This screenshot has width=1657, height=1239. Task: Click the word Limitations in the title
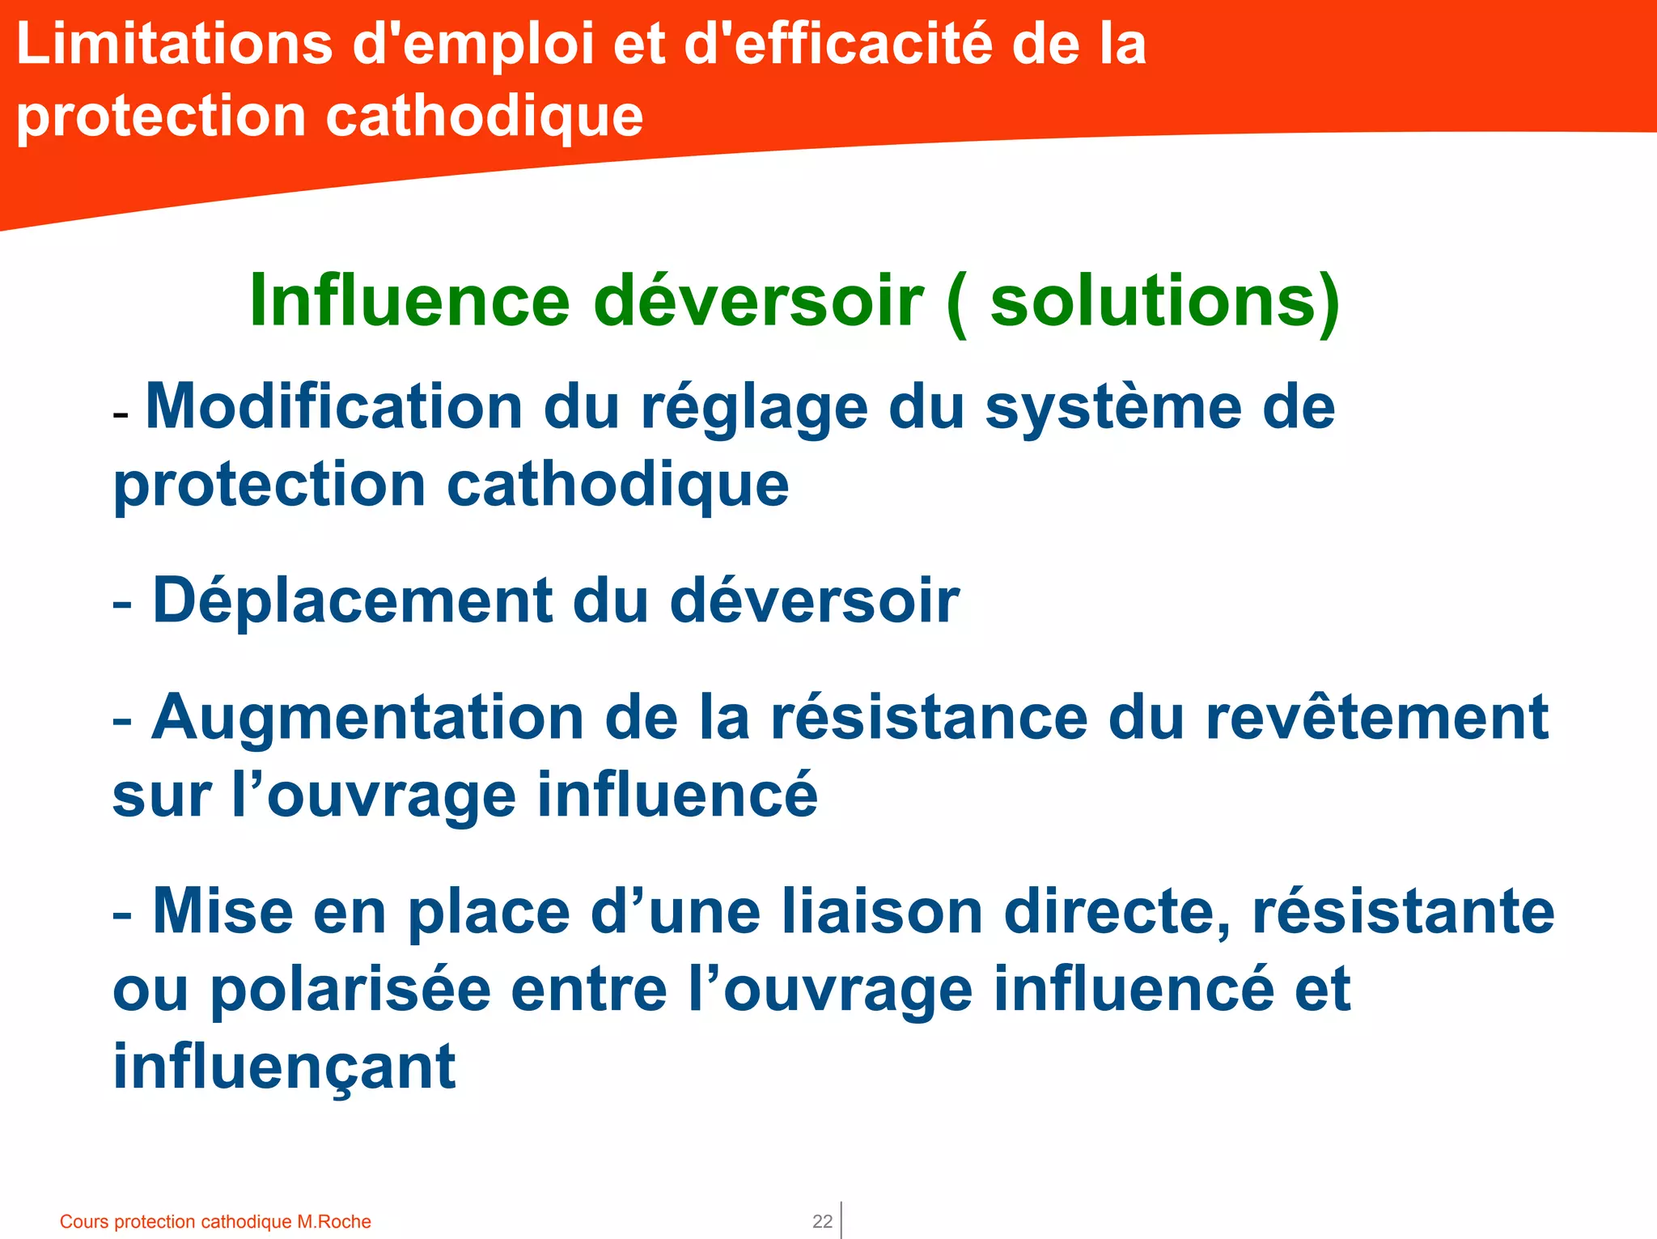click(x=174, y=44)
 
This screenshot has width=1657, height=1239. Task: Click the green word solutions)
click(x=1165, y=301)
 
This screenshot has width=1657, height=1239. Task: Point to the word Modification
click(x=334, y=406)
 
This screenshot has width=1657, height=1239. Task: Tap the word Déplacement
click(x=352, y=600)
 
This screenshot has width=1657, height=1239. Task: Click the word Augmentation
click(x=368, y=718)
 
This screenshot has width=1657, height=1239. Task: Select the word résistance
click(x=930, y=718)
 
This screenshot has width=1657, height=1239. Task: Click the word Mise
click(x=222, y=912)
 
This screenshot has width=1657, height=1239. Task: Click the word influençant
click(x=284, y=1067)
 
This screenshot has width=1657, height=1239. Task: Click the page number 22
click(x=822, y=1221)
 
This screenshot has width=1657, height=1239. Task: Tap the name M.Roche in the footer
click(x=334, y=1221)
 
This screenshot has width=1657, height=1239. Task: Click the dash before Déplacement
click(x=122, y=604)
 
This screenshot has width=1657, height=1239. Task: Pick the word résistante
click(x=1403, y=912)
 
